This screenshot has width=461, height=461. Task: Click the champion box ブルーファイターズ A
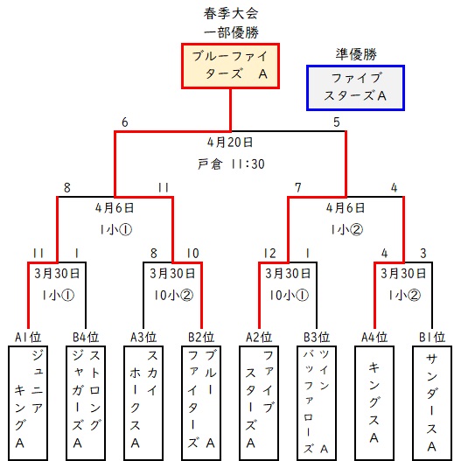tap(230, 66)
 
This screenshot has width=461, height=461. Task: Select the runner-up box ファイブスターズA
tap(355, 87)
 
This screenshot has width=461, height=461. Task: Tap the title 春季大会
tap(231, 13)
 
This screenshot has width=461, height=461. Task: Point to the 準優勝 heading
tap(356, 54)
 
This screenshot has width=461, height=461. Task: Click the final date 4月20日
tap(230, 143)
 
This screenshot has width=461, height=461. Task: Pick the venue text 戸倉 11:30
tap(231, 164)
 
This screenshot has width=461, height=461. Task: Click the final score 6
tap(125, 122)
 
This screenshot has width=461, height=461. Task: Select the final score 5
tap(337, 122)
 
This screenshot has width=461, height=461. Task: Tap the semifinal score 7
tap(298, 187)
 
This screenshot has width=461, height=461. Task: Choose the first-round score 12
tap(270, 253)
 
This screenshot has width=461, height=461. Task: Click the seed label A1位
tap(28, 337)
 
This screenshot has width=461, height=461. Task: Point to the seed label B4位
tap(86, 337)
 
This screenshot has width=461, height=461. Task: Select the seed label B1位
tap(432, 337)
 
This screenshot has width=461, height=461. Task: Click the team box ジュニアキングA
tap(28, 402)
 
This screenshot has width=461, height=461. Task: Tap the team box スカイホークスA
tap(143, 402)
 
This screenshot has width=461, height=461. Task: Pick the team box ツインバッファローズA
tap(317, 402)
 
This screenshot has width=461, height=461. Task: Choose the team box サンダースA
tap(432, 402)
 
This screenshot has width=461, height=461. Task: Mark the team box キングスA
tap(374, 402)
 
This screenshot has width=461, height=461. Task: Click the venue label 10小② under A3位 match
tap(173, 295)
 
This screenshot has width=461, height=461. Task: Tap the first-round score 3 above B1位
tap(423, 253)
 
